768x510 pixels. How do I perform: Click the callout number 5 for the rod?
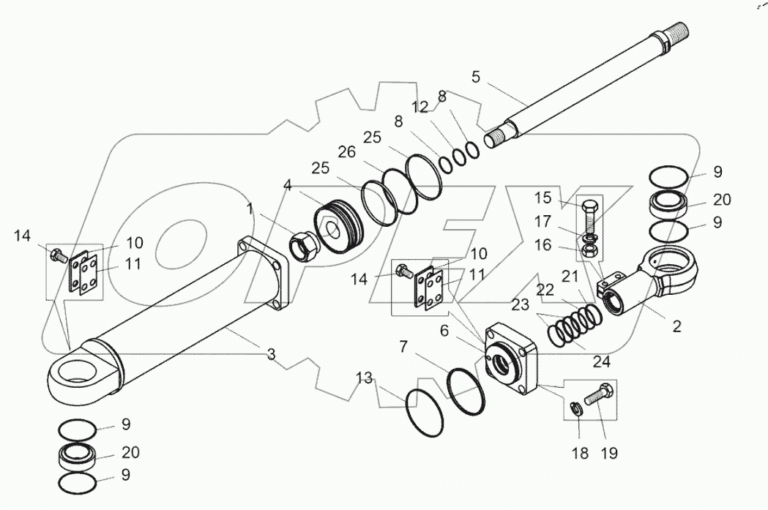(x=476, y=77)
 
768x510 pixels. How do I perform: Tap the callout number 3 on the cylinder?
(x=272, y=354)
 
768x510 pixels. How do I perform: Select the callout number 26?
(x=346, y=151)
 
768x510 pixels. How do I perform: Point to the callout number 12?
(x=420, y=107)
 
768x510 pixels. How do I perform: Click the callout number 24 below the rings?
(x=602, y=361)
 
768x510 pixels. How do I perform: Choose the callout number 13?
(x=364, y=378)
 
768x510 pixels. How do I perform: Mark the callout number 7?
(x=403, y=347)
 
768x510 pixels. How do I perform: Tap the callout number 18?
(x=580, y=453)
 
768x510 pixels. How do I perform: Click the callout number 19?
(x=609, y=453)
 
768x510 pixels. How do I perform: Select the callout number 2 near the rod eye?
(x=676, y=326)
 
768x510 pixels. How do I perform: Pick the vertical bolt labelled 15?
(x=589, y=217)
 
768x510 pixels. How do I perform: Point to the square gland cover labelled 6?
(x=510, y=356)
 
